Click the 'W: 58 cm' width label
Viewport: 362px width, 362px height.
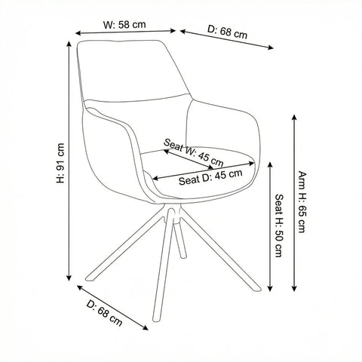[x=124, y=25]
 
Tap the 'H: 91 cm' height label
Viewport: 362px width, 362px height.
[x=60, y=163]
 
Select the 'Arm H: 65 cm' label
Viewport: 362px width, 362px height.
[x=302, y=202]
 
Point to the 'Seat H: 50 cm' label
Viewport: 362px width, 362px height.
[x=279, y=225]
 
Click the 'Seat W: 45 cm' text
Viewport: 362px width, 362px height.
[x=193, y=152]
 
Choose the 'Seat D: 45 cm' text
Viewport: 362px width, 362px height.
[x=210, y=177]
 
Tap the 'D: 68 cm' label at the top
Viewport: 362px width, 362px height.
[x=228, y=32]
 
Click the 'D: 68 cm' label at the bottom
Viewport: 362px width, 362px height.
[x=104, y=313]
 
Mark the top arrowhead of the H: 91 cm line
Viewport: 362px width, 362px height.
[x=69, y=44]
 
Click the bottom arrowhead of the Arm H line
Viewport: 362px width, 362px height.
[x=294, y=288]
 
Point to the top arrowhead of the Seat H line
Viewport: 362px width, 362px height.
[x=270, y=165]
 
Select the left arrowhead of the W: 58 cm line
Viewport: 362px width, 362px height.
[x=78, y=33]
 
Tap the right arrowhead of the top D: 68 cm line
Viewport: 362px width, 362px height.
[x=270, y=48]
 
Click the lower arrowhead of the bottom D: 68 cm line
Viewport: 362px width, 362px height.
[x=146, y=327]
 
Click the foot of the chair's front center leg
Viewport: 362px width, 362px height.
[x=157, y=318]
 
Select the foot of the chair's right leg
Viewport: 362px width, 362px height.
[x=257, y=288]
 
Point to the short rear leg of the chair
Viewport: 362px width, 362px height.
[x=181, y=241]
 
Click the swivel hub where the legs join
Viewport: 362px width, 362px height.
[x=173, y=213]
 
